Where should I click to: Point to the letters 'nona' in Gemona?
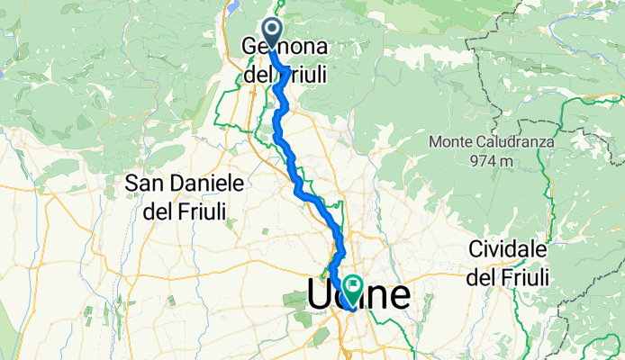tap(304, 46)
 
